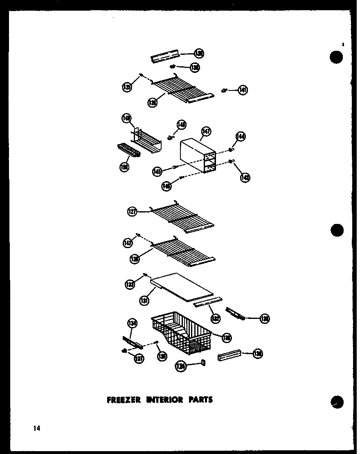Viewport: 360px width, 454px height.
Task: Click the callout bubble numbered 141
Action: (243, 90)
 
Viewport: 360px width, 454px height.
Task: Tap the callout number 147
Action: (206, 132)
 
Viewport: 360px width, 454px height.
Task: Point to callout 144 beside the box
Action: (240, 137)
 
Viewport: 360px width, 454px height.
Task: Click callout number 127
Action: (132, 212)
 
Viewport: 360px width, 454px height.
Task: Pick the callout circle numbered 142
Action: (128, 243)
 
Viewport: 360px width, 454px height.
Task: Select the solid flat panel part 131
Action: (182, 287)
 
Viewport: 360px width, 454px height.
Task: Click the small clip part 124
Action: (203, 363)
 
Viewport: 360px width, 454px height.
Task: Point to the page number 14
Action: (37, 429)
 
